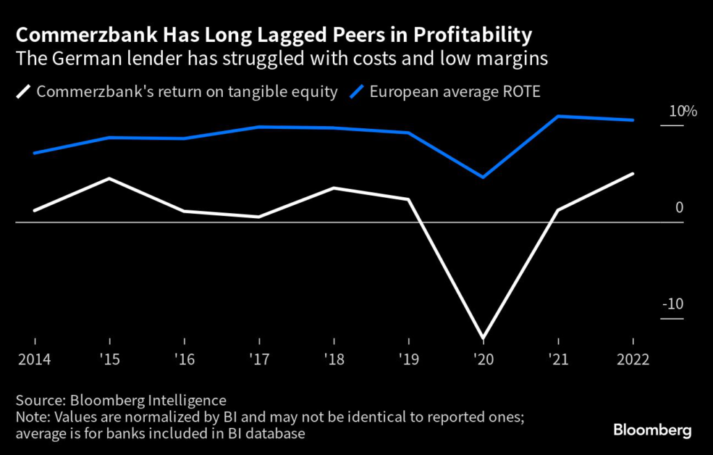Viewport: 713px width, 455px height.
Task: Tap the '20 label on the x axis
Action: tap(483, 360)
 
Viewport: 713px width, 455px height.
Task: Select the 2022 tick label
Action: tap(632, 360)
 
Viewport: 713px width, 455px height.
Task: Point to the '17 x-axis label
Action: tap(259, 360)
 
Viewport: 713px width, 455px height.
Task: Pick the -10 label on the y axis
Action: tap(673, 304)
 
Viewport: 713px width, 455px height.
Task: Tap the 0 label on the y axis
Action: tap(680, 208)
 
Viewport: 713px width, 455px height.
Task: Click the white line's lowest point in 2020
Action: tap(483, 338)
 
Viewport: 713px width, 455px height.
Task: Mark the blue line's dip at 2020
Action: tap(483, 177)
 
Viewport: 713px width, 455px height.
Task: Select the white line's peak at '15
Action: tap(110, 178)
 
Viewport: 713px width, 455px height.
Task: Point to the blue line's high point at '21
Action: tap(558, 116)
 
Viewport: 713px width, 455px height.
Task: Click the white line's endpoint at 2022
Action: tap(633, 173)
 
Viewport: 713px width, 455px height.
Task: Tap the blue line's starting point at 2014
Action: tap(35, 153)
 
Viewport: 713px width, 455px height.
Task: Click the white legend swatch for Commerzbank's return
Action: tap(25, 91)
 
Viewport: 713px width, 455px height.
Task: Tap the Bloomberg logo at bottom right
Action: tap(652, 430)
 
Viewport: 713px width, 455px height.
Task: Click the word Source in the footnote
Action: tap(37, 400)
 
